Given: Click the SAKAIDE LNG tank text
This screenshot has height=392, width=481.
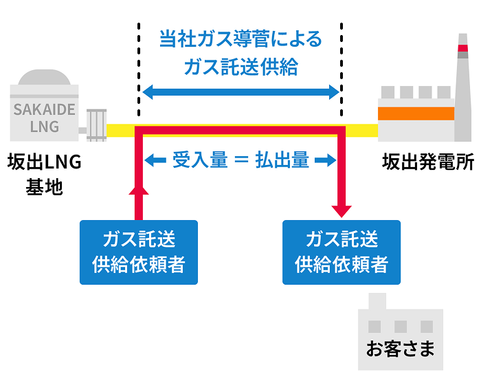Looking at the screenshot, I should coord(45,118).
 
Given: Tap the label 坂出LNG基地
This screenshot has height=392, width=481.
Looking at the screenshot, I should coord(45,175).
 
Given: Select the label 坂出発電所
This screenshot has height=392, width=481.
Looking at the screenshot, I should coord(428,163).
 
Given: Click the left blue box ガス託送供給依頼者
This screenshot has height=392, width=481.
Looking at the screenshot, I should coord(139,252).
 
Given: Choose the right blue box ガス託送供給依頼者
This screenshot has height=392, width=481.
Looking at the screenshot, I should coord(342,252).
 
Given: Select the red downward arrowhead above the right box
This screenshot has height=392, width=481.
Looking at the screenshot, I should coord(342,208).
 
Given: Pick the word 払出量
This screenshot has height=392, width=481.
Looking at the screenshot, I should coord(282,161).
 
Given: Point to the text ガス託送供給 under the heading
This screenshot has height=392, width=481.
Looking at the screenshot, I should coord(240,66).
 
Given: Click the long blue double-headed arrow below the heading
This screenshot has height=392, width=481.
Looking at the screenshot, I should coord(240,92).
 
